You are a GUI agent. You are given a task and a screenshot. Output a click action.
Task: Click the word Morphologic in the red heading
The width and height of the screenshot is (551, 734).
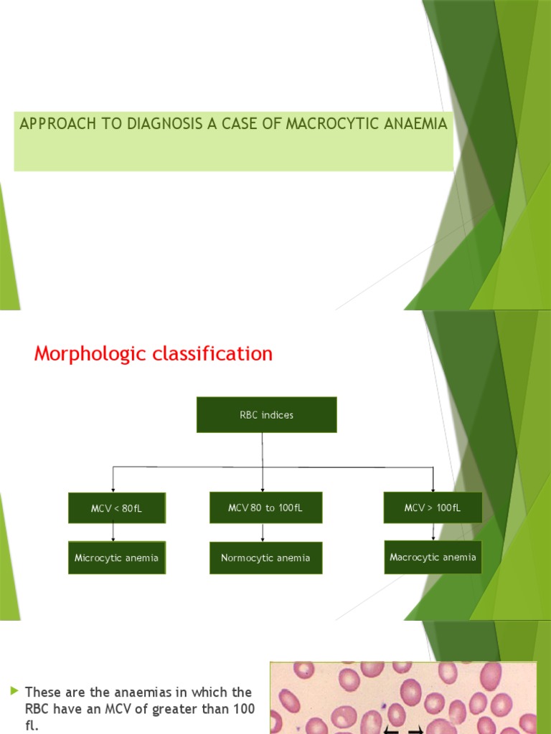click(90, 354)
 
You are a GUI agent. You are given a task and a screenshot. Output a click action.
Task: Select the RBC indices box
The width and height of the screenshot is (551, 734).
click(266, 414)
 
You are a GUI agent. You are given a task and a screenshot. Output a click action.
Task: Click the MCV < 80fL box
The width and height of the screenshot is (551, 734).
click(117, 508)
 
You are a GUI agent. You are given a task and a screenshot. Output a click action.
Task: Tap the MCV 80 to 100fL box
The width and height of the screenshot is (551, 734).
click(265, 507)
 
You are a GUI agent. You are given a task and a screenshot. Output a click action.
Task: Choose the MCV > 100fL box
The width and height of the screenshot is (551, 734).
click(433, 507)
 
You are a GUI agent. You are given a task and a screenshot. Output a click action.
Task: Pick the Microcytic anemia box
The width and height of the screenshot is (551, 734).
click(117, 558)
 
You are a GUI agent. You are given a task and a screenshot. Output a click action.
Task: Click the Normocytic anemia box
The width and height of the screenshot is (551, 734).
click(265, 558)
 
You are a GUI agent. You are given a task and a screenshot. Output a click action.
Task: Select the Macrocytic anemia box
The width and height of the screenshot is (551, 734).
click(433, 557)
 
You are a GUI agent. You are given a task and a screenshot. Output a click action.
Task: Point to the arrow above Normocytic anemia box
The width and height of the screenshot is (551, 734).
click(263, 533)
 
